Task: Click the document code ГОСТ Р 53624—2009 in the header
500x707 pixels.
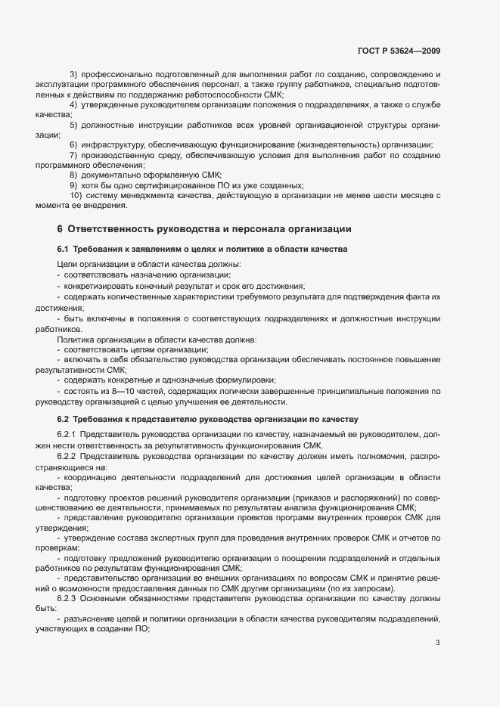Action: coord(398,51)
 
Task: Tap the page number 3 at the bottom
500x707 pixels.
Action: coord(438,643)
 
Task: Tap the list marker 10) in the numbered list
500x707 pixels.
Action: coord(75,196)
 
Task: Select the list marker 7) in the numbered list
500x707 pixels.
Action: coord(73,155)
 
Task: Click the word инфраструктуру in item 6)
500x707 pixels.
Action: coord(113,144)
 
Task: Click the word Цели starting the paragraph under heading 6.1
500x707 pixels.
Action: coord(66,264)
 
